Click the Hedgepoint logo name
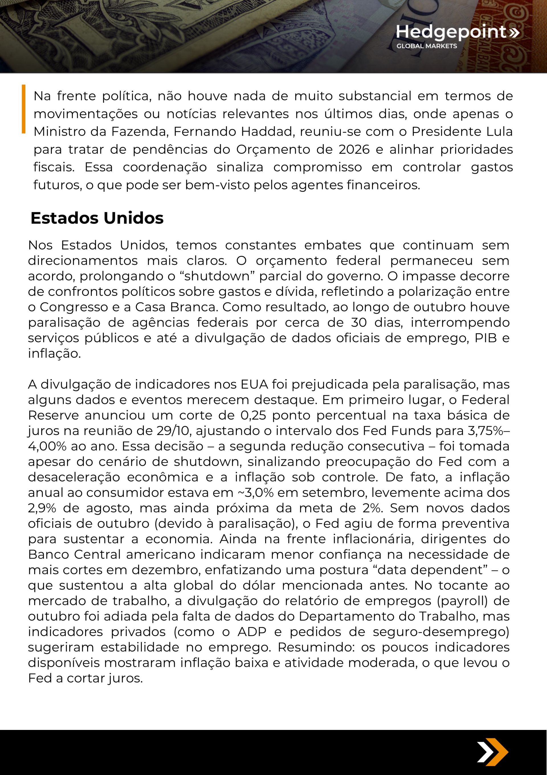pos(451,32)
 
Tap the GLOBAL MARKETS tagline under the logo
pos(426,46)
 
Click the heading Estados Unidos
pos(97,218)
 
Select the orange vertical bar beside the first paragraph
pos(24,109)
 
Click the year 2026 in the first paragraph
pos(354,149)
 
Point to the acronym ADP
pos(252,632)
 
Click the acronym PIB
pos(486,338)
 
